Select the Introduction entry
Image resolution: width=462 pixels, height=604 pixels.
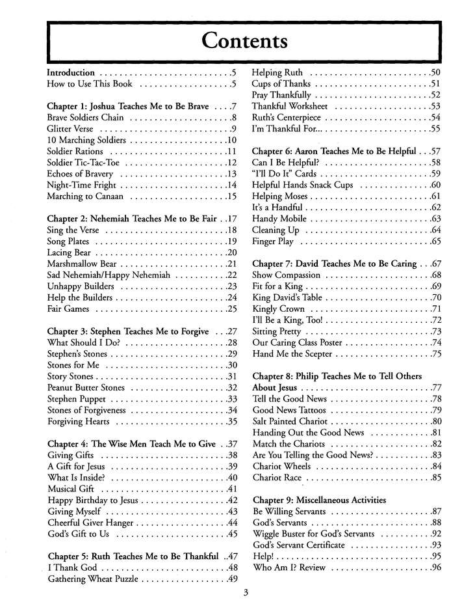click(71, 72)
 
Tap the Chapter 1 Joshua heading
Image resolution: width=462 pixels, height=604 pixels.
click(136, 106)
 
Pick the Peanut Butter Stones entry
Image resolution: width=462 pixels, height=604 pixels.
click(88, 388)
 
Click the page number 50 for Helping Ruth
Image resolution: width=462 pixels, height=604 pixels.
click(435, 72)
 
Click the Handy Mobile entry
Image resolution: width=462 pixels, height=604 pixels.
click(279, 219)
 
